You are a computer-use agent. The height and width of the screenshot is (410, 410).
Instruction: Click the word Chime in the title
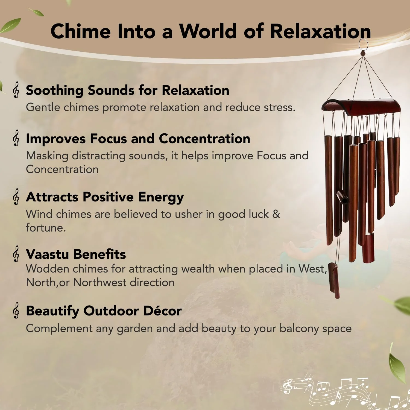point(81,31)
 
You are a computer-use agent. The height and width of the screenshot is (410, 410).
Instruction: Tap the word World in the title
point(208,31)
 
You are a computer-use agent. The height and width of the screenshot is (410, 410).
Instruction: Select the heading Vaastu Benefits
point(76,254)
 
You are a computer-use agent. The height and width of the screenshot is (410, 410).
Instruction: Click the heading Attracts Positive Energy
point(105,197)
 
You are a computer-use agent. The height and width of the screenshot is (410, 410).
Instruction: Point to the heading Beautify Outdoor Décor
point(104,311)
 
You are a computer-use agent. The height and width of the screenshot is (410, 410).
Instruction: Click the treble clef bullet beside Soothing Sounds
point(16,90)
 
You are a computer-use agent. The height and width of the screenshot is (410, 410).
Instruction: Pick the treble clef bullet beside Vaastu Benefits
point(16,254)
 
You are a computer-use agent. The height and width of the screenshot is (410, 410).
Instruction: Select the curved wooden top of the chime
point(361,107)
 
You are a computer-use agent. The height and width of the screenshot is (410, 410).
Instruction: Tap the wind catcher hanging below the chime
point(334,280)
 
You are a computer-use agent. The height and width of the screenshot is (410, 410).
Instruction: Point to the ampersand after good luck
point(276,214)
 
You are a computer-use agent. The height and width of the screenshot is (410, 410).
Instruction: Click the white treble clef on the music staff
point(287,386)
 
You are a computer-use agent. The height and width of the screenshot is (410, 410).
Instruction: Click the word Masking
point(47,156)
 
